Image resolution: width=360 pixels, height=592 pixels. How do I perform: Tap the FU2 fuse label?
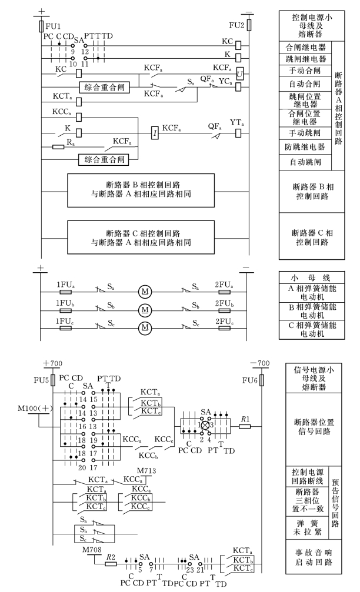(x=236, y=25)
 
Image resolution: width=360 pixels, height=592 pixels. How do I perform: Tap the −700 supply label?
(x=259, y=364)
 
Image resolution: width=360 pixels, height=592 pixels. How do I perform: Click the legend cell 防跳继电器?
(x=305, y=145)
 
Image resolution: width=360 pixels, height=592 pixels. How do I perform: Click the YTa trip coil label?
(x=236, y=122)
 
